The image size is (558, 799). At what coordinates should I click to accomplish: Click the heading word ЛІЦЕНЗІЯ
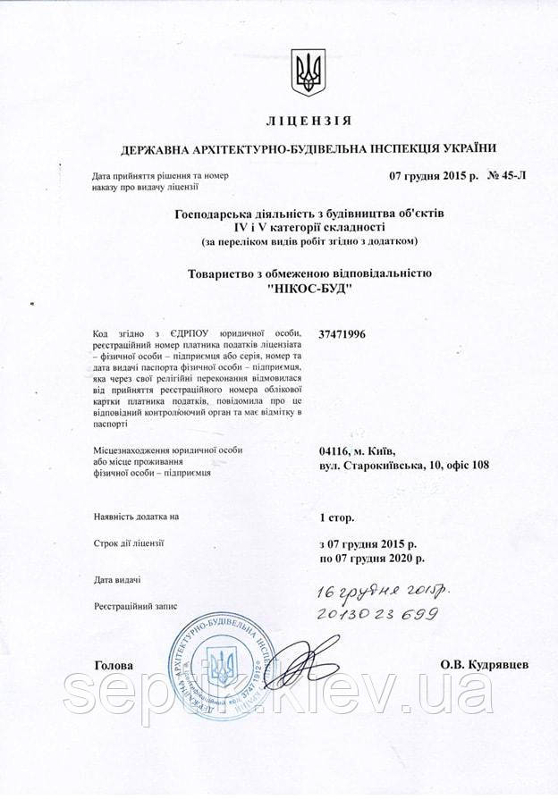pyautogui.click(x=309, y=121)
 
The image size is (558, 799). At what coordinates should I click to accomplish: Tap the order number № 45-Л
pyautogui.click(x=507, y=175)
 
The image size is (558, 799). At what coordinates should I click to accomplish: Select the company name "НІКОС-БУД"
pyautogui.click(x=309, y=289)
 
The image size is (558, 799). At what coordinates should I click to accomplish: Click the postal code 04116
pyautogui.click(x=334, y=450)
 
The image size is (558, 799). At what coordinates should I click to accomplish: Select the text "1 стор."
pyautogui.click(x=337, y=517)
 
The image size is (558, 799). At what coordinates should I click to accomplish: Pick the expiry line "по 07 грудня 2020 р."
pyautogui.click(x=371, y=558)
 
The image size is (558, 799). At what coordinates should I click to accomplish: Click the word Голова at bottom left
pyautogui.click(x=114, y=666)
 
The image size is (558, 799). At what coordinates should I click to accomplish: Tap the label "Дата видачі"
pyautogui.click(x=117, y=581)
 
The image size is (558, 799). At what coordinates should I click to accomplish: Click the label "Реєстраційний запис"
pyautogui.click(x=135, y=606)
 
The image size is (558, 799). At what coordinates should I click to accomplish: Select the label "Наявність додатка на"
pyautogui.click(x=136, y=517)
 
